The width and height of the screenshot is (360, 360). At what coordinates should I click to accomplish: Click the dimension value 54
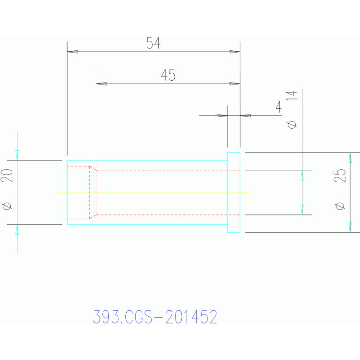click(153, 43)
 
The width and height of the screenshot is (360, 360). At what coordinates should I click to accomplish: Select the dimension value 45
click(168, 75)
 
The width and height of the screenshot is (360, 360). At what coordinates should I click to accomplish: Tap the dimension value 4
click(279, 107)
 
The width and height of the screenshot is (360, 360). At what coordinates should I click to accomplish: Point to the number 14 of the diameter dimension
click(291, 95)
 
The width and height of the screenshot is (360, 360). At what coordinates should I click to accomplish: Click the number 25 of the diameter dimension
click(339, 176)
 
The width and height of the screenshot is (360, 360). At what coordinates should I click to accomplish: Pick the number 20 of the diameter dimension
click(7, 176)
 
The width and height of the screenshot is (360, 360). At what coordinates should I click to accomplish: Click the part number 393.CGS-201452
click(155, 317)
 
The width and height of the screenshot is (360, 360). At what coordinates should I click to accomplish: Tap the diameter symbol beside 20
click(7, 206)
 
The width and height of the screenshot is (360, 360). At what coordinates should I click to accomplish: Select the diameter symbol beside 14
click(292, 125)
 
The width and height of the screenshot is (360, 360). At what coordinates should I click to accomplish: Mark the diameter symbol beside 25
click(340, 206)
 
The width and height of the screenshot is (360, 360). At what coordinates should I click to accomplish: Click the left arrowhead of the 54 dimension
click(72, 52)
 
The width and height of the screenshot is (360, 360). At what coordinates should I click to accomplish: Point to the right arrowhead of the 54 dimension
click(235, 52)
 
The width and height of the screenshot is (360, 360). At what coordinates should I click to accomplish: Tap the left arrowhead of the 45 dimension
click(101, 84)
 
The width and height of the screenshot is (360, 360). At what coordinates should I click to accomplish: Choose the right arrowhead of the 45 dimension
click(235, 84)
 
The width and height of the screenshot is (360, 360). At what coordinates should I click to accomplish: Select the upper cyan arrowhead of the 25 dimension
click(350, 158)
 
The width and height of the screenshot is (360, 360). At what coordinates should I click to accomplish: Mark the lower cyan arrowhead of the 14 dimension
click(302, 210)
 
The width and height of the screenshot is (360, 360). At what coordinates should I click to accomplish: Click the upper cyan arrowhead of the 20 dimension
click(17, 155)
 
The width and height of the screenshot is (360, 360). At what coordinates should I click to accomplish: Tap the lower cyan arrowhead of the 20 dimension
click(17, 230)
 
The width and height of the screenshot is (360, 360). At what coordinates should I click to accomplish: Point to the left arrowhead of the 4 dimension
click(222, 116)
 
